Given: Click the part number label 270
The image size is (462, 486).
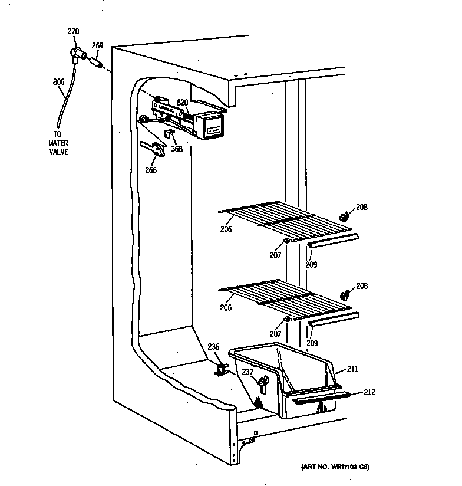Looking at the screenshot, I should [x=73, y=31].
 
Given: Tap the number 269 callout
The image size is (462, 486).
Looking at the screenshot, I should [x=98, y=45].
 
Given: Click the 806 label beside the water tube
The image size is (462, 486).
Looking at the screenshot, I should [x=58, y=82].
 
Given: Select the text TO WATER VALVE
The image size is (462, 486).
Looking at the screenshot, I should [x=59, y=143].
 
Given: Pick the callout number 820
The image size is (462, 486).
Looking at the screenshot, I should [x=183, y=102].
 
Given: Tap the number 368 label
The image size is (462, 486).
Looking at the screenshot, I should [x=177, y=149].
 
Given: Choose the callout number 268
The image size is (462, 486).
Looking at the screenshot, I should [x=151, y=171].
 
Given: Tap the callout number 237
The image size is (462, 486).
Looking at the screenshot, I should [x=248, y=372].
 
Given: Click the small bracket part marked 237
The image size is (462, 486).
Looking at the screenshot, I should [x=261, y=384].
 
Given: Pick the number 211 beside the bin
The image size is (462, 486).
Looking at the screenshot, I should [x=352, y=369].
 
